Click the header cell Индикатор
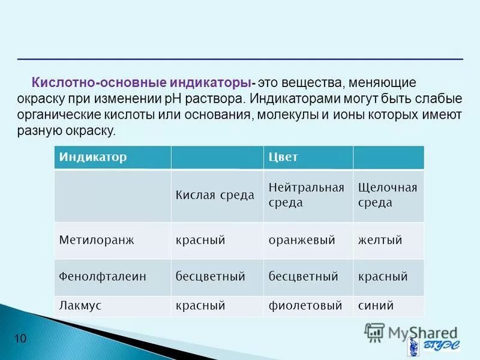(x=93, y=157)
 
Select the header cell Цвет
(x=284, y=157)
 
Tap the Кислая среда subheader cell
(x=215, y=196)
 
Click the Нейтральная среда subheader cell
(x=306, y=196)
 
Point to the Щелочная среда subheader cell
(x=387, y=196)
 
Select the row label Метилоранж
(x=97, y=240)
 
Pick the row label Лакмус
(x=80, y=305)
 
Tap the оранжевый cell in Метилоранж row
(x=301, y=240)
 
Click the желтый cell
(x=380, y=240)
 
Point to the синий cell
(x=376, y=305)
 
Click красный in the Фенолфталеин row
(x=383, y=277)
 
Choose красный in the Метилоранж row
(x=200, y=240)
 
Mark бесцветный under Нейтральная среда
(x=303, y=277)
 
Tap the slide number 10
(x=20, y=340)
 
